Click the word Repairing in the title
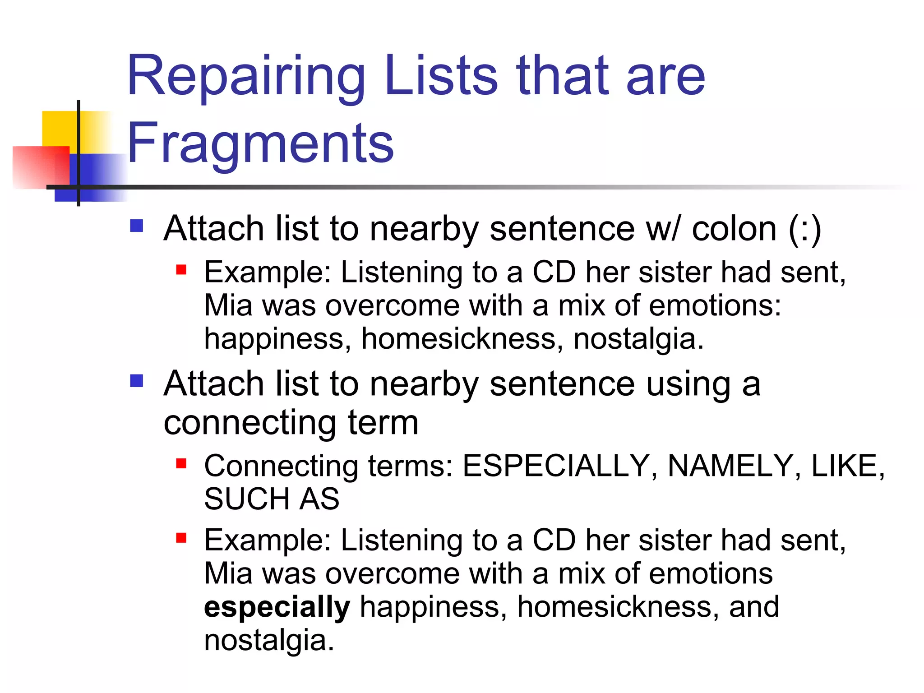tap(246, 77)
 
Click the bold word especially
tap(277, 607)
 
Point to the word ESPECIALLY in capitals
tap(556, 466)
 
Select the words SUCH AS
tap(272, 499)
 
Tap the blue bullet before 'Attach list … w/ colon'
tap(136, 226)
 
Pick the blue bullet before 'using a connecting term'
tap(136, 381)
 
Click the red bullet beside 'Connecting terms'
tap(181, 463)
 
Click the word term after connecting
tap(383, 423)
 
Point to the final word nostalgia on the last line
tap(269, 640)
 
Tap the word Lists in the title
tap(441, 77)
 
